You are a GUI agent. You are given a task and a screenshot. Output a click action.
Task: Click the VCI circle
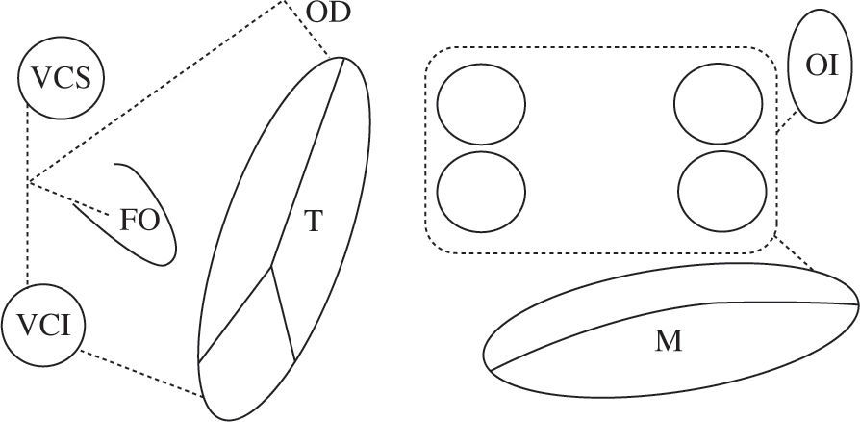pos(42,323)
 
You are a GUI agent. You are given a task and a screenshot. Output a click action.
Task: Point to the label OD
pos(329,14)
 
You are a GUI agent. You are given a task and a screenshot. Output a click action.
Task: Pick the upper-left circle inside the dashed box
pos(481,106)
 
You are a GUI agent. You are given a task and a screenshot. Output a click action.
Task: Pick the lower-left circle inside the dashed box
pos(481,189)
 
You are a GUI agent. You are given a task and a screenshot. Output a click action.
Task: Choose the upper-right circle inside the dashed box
pos(720,106)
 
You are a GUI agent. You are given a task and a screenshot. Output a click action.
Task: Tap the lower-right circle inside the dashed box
pos(720,189)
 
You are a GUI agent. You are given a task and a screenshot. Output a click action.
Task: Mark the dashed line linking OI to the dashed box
pos(785,122)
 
